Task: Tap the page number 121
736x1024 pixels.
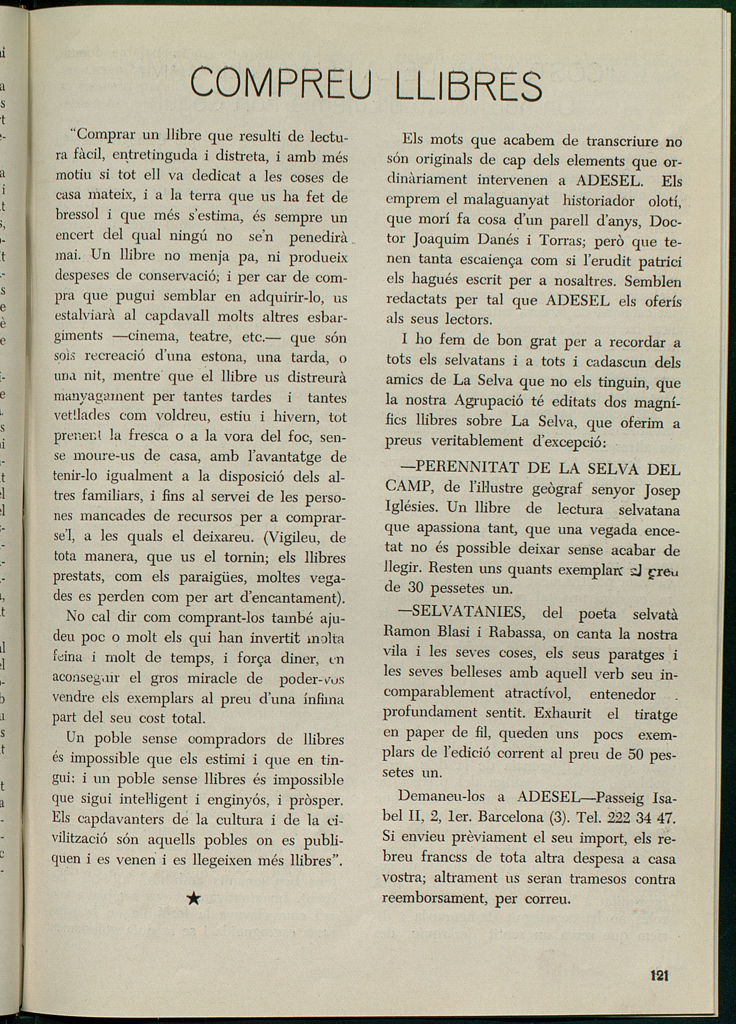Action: (659, 976)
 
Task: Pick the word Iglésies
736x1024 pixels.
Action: (411, 508)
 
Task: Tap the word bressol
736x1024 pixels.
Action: (77, 215)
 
